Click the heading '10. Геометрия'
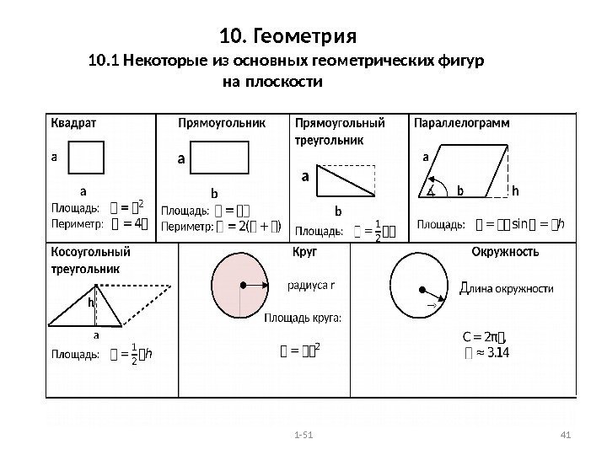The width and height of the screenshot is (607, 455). [288, 38]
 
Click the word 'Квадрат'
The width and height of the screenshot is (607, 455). [74, 122]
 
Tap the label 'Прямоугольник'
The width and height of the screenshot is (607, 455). [222, 122]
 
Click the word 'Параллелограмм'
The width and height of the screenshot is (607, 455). [465, 122]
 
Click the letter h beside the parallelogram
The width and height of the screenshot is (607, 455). [515, 191]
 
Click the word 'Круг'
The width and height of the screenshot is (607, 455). [304, 252]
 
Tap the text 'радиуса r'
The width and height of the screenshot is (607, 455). [312, 284]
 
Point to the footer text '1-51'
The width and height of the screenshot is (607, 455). [302, 435]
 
